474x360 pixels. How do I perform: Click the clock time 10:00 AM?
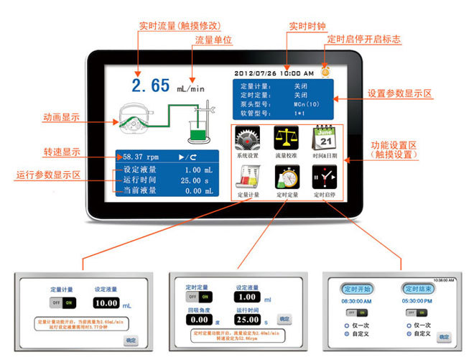[297, 73]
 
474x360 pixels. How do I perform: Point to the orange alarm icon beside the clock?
[326, 71]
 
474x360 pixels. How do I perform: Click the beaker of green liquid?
[197, 129]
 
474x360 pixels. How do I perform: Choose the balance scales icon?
[284, 138]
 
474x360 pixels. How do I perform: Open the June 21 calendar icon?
[324, 137]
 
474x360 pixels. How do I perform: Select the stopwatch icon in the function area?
[286, 177]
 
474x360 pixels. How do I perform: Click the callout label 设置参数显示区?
[401, 93]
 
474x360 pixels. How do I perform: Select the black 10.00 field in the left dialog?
[106, 303]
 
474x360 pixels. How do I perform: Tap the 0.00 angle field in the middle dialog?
[198, 318]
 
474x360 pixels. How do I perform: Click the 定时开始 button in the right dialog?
[355, 288]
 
